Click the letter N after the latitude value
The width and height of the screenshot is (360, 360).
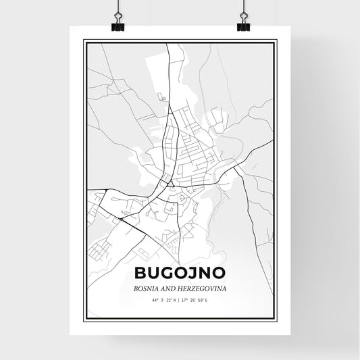[175, 299]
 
